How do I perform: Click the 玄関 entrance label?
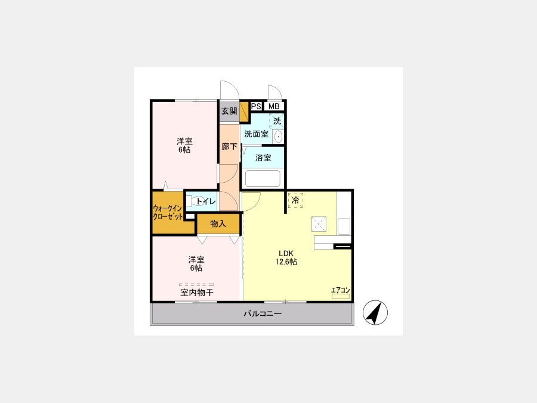click(x=229, y=111)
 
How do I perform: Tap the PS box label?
click(x=256, y=106)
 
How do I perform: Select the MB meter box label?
click(x=274, y=106)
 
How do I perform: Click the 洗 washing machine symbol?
click(x=277, y=121)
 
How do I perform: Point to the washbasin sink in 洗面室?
click(x=279, y=137)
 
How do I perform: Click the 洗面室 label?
click(x=256, y=134)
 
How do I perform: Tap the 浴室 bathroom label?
click(x=263, y=158)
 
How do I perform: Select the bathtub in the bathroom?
click(x=263, y=178)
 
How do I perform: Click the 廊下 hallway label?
click(x=229, y=147)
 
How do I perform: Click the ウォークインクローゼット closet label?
click(x=168, y=212)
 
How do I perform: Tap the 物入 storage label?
click(x=218, y=224)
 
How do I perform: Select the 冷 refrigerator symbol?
click(x=295, y=200)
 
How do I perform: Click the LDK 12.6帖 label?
click(x=286, y=258)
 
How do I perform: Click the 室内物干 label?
click(x=197, y=293)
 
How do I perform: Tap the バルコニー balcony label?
click(x=263, y=313)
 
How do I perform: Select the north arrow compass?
click(x=375, y=312)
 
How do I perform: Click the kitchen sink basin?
click(x=344, y=226)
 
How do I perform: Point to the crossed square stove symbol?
click(x=319, y=224)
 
